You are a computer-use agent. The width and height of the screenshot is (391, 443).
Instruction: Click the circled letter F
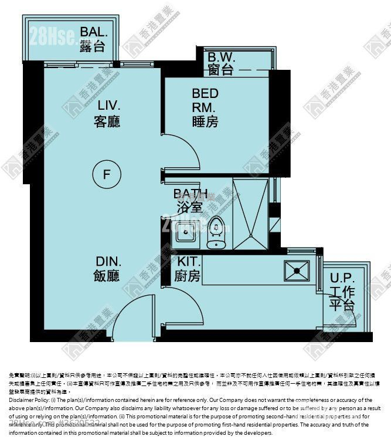[106, 174]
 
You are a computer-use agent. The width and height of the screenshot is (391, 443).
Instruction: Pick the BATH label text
[190, 194]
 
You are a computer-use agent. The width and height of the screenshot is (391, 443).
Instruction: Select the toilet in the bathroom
[217, 232]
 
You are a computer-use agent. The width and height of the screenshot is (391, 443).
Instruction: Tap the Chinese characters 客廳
[107, 121]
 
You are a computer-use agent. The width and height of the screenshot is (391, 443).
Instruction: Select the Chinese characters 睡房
[205, 121]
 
